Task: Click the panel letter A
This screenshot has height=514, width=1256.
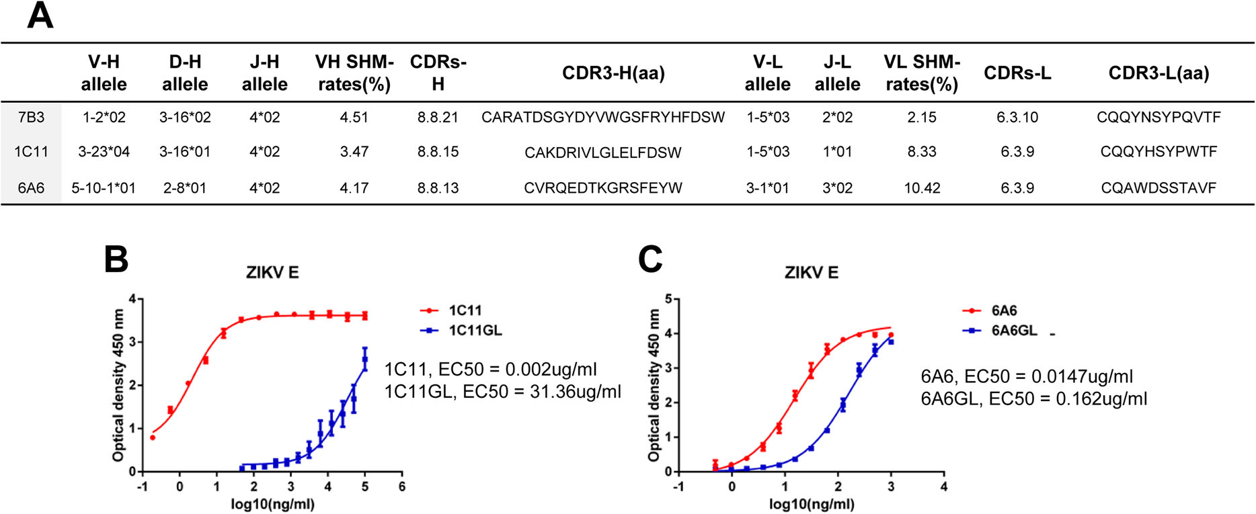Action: (40, 15)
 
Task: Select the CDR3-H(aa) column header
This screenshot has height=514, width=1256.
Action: (613, 73)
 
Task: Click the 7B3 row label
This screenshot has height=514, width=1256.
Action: (31, 118)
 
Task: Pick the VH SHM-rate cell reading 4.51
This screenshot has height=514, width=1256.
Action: (354, 118)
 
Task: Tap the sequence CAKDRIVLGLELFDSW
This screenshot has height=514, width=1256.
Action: (602, 153)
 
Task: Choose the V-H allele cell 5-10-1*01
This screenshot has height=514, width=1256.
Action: (104, 188)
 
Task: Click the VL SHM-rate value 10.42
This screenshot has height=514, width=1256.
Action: (922, 188)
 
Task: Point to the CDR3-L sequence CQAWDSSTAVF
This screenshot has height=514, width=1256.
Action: (1159, 188)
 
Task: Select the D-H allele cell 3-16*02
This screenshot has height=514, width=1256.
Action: (185, 118)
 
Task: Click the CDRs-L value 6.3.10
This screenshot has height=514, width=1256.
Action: (1017, 118)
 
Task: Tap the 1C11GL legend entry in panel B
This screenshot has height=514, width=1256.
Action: (475, 331)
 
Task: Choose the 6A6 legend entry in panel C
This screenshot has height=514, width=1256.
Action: (1004, 311)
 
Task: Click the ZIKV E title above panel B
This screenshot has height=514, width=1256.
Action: (272, 273)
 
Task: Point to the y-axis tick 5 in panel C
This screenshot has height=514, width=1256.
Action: (668, 299)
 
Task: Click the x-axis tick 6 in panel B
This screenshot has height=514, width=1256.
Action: (402, 486)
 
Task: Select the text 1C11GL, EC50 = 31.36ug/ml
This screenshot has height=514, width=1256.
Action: (502, 391)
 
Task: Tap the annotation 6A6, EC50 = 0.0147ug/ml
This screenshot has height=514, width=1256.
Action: (1027, 377)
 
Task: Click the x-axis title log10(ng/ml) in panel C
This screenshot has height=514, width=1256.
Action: (812, 505)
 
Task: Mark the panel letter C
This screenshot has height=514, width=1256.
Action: (650, 259)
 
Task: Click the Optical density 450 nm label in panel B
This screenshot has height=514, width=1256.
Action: (119, 385)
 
